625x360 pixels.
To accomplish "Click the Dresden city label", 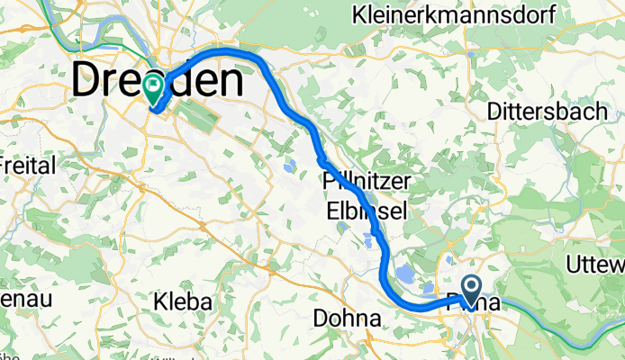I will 158,83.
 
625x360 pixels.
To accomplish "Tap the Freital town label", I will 28,166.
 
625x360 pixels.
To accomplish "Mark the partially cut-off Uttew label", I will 596,264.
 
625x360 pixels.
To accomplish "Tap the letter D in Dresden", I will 85,83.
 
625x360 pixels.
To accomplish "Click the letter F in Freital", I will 5,166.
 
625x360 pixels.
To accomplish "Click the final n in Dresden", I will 231,83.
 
